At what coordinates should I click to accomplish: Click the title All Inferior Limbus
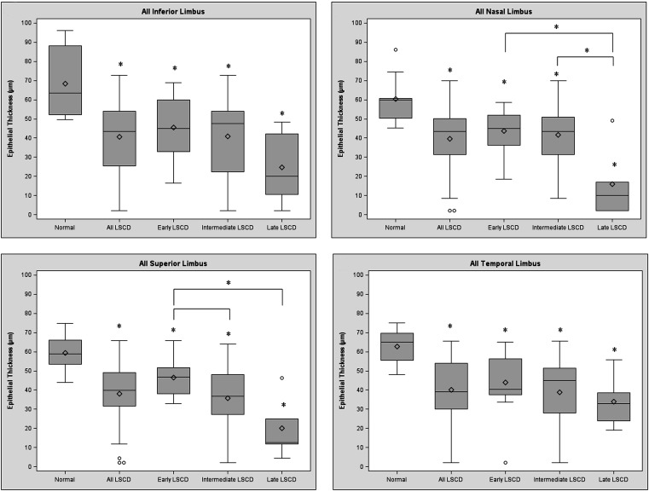(x=162, y=10)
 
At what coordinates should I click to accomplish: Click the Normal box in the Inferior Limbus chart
(x=65, y=79)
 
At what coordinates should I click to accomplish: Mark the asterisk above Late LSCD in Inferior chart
(x=282, y=113)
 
